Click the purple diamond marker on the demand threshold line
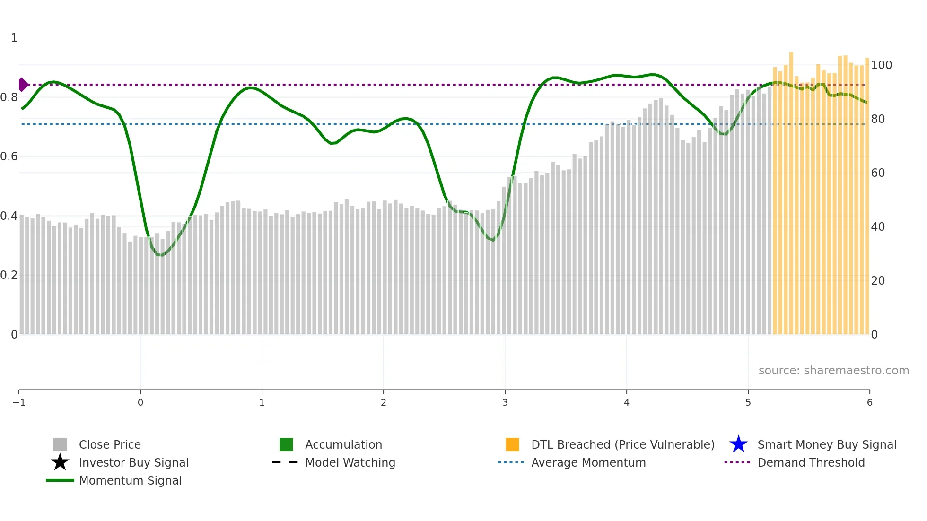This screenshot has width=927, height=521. click(x=23, y=85)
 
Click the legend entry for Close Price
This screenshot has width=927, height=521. click(x=109, y=444)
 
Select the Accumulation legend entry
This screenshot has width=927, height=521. click(x=343, y=444)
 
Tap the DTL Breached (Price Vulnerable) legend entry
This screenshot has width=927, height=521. click(x=622, y=444)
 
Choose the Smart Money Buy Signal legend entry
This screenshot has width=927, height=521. click(x=826, y=444)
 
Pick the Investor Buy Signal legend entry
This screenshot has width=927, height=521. click(x=133, y=462)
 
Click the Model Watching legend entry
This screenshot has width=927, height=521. click(x=350, y=462)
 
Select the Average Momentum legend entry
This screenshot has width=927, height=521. click(x=588, y=462)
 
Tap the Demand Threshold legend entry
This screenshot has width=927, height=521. click(x=811, y=462)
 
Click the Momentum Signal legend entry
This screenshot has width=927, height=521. click(x=130, y=480)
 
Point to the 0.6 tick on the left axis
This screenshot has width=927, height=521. click(x=9, y=156)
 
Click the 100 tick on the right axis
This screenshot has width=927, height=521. click(x=882, y=65)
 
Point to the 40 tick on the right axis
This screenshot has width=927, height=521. click(x=878, y=227)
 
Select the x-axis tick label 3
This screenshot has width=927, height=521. click(x=505, y=402)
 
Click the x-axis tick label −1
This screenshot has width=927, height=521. click(x=19, y=402)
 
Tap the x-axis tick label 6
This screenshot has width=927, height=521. click(x=869, y=402)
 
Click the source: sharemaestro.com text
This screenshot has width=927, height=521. click(x=833, y=371)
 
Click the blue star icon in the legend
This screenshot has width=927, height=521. click(x=738, y=444)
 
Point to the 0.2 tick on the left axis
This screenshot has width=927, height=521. click(x=9, y=275)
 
